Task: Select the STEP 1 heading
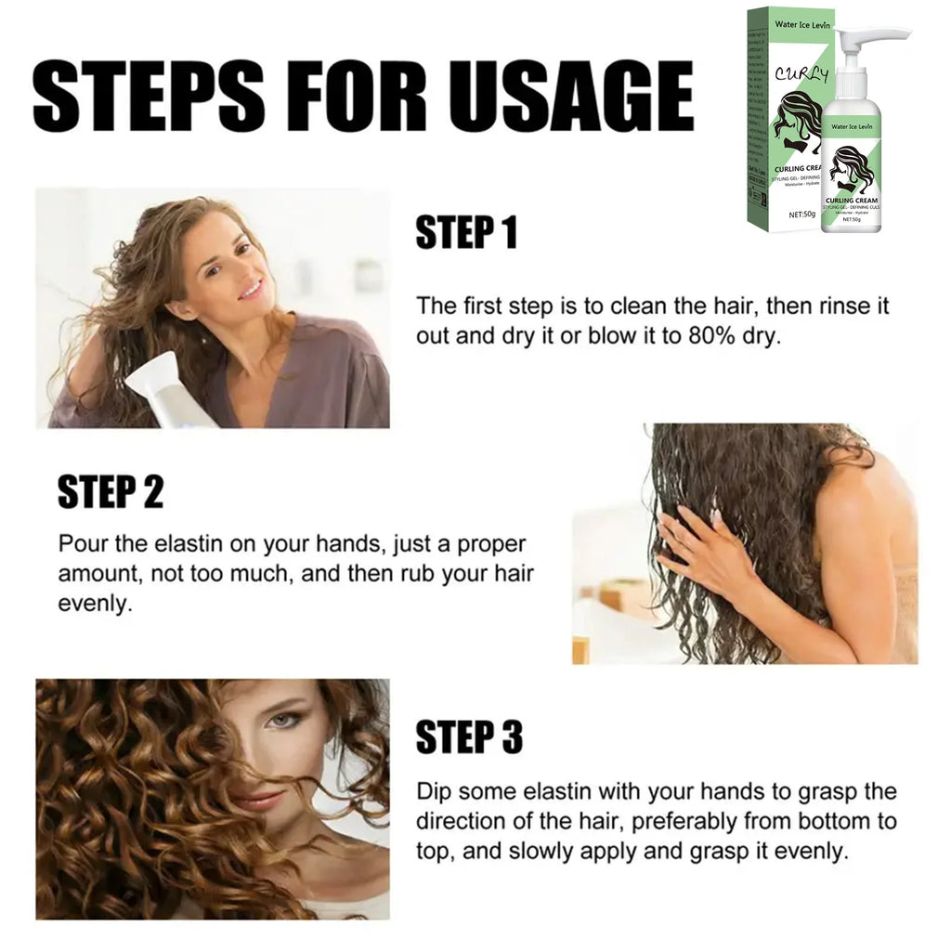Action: pos(465,233)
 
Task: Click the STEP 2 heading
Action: pos(110,492)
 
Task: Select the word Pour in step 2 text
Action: pos(80,543)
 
